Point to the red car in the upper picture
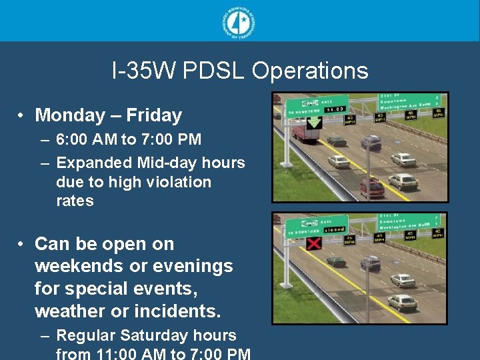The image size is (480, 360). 373,188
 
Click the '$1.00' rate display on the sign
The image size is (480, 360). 336,109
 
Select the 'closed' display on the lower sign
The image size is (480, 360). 335,229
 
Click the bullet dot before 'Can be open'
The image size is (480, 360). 22,244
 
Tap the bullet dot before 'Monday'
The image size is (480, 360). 22,115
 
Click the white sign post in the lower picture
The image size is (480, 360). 287,280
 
